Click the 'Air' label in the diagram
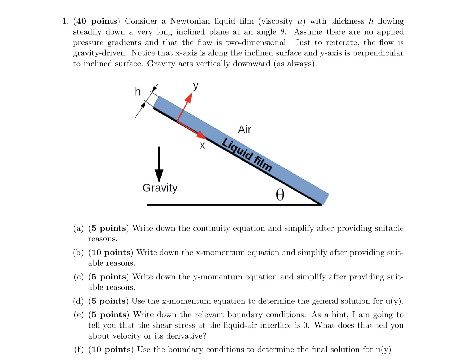pos(244,130)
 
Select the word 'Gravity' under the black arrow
pos(160,188)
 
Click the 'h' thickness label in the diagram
pos(138,92)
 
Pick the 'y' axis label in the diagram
pos(196,86)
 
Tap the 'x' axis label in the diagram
pos(203,146)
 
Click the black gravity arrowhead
pos(159,175)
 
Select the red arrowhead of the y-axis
pos(188,98)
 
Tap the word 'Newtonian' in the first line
pos(190,21)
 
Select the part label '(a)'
pos(78,228)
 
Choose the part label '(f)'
pos(79,350)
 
